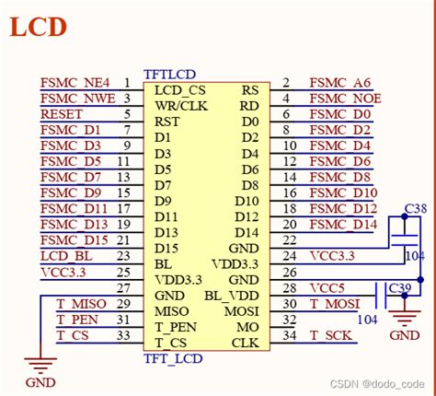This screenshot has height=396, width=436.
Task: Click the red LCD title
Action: pyautogui.click(x=39, y=26)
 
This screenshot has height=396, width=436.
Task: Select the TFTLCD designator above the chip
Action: pyautogui.click(x=169, y=73)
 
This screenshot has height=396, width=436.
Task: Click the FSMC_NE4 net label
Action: pyautogui.click(x=75, y=82)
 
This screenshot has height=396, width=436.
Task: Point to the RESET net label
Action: pyautogui.click(x=62, y=114)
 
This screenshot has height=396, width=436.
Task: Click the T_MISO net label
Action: pyautogui.click(x=81, y=303)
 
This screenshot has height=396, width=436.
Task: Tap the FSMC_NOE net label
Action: pyautogui.click(x=345, y=99)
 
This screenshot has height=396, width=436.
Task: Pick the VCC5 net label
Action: pyautogui.click(x=327, y=287)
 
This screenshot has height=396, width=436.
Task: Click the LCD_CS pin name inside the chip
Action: pyautogui.click(x=180, y=89)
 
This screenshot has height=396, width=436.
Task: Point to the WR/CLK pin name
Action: pyautogui.click(x=181, y=105)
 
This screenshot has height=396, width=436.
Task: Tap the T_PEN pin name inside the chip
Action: pyautogui.click(x=175, y=327)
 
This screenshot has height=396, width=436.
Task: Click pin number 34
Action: pyautogui.click(x=288, y=335)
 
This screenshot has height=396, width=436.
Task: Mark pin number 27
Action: pyautogui.click(x=124, y=287)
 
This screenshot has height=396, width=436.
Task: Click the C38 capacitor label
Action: pyautogui.click(x=416, y=208)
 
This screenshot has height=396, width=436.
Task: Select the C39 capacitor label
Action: pyautogui.click(x=399, y=287)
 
